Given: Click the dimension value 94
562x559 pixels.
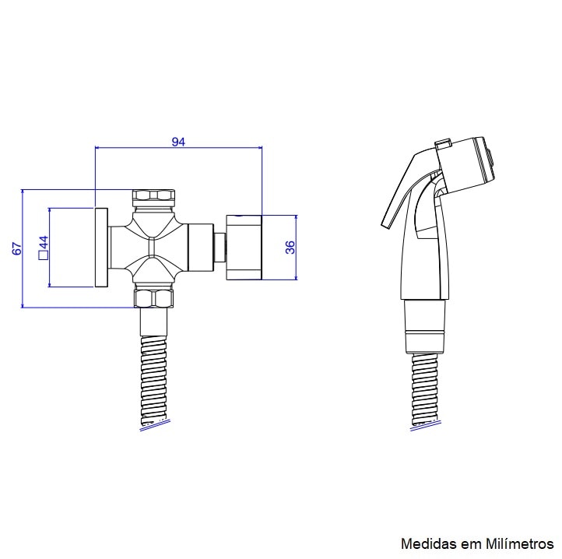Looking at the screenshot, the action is point(178,142).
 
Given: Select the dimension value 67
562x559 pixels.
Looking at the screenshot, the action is point(17,248).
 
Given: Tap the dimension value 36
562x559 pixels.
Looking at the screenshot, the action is point(290,247).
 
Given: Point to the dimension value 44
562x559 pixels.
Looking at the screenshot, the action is point(44,242).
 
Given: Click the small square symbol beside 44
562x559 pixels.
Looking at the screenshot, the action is point(44,255).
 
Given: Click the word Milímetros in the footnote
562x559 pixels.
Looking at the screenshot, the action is point(520,543).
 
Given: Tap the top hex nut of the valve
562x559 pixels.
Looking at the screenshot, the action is point(153,198).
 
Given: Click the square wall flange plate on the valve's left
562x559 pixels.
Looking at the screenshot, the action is point(101,248).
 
